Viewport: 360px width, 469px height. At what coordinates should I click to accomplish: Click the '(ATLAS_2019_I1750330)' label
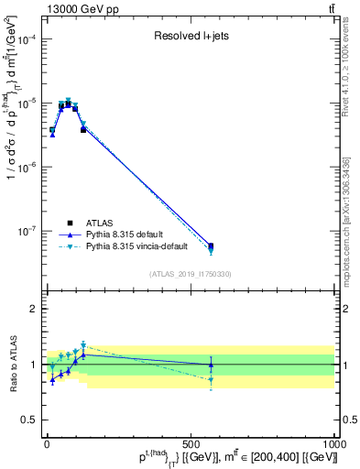point(191,274)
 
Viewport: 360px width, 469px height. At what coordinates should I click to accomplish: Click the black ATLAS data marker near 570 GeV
point(212,246)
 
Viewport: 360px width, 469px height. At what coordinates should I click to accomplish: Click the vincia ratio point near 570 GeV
point(212,379)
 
